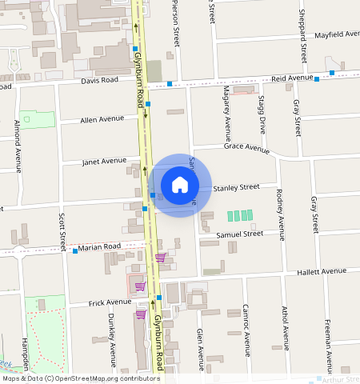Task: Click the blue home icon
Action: coord(180,186)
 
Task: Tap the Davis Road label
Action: coord(99,81)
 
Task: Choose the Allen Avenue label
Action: coord(102,119)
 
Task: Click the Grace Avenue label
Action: coord(246,148)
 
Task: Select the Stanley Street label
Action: coord(236,186)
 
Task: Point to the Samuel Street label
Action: coord(239,234)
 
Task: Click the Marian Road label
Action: coord(99,246)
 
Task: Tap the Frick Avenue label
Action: coord(109,302)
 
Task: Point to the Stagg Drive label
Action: coord(262,113)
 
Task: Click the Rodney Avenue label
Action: coord(279,214)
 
